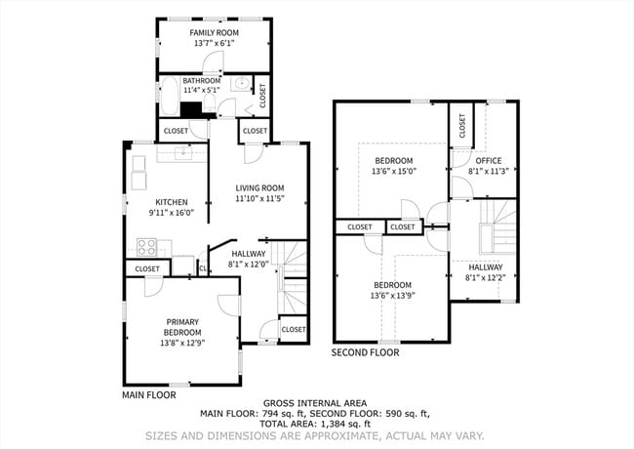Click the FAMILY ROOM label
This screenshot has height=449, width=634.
214,32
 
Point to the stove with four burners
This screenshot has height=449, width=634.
147,246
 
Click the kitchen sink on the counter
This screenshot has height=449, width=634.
182,151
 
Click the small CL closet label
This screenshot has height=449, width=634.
203,268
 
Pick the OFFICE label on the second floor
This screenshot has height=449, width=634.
488,161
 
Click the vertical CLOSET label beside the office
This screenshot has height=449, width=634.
462,126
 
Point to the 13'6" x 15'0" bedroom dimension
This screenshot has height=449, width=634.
393,172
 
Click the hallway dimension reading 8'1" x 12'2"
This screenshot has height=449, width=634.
485,278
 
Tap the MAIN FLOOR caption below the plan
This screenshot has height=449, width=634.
148,396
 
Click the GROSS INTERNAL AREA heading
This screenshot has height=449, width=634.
316,403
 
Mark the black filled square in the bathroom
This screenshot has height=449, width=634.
194,110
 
